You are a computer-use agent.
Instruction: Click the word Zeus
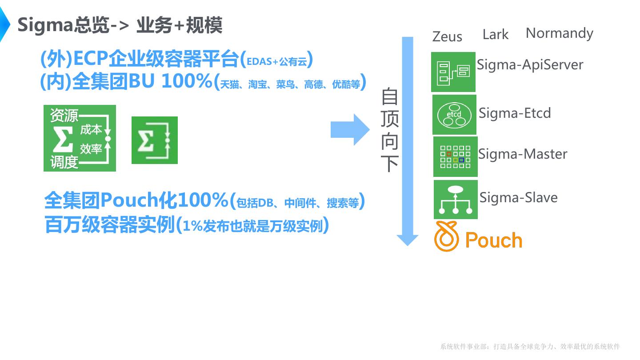[447, 36]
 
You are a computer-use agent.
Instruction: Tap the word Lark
[495, 34]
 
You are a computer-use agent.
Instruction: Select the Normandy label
[559, 33]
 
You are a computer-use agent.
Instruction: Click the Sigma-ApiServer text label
[530, 65]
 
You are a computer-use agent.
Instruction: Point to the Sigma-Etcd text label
[515, 113]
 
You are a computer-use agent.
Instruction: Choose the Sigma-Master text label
[523, 154]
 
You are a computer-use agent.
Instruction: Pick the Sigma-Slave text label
[518, 197]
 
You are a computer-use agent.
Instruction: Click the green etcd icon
[454, 115]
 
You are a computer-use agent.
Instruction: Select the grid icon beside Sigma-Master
[455, 156]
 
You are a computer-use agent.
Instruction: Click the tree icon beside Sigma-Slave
[456, 200]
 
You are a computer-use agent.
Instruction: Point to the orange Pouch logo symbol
[446, 236]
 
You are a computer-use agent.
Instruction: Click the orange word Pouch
[493, 240]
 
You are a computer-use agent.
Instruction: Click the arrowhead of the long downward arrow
[407, 240]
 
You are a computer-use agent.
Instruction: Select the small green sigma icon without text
[155, 140]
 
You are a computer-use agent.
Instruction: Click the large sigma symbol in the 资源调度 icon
[63, 139]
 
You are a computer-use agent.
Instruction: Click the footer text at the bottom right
[530, 347]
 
